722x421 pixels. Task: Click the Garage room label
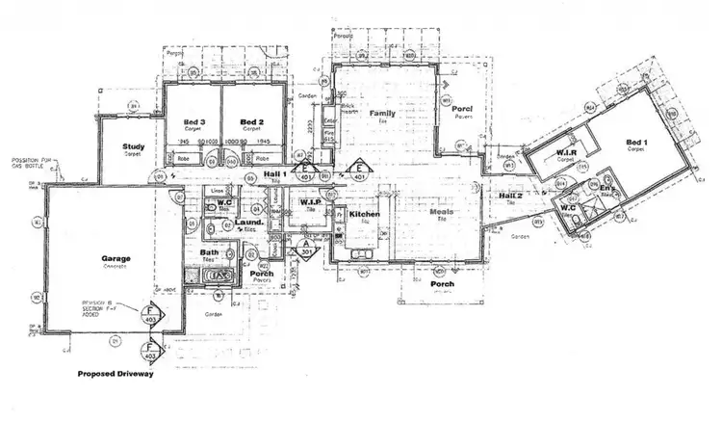116,259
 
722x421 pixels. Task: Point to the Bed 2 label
252,121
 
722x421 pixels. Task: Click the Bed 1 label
634,144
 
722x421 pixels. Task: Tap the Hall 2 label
510,197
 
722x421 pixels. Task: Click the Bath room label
210,253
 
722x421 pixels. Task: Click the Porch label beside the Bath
261,274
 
